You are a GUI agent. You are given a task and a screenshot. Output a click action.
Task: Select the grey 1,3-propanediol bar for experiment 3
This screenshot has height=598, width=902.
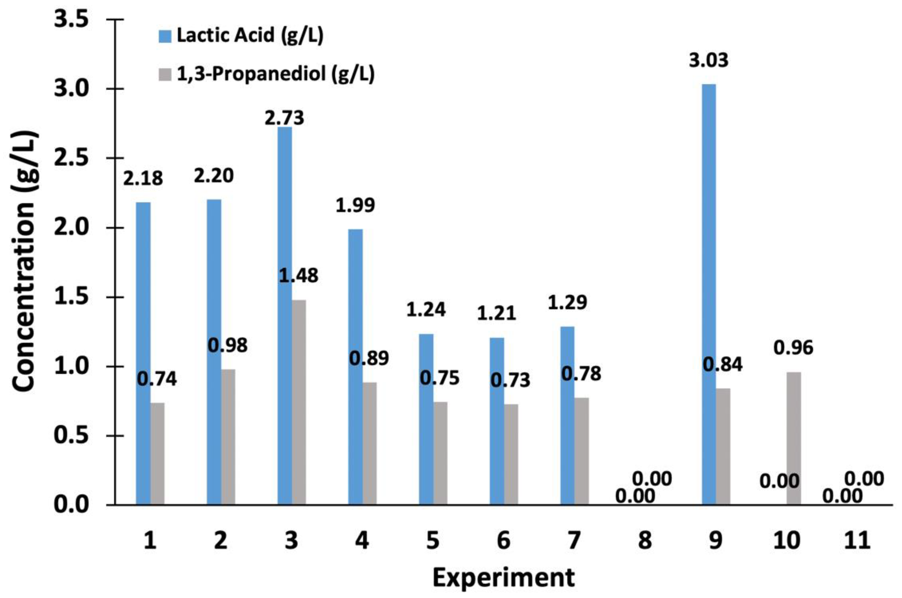299,402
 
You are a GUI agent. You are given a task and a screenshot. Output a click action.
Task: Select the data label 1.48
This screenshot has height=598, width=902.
299,275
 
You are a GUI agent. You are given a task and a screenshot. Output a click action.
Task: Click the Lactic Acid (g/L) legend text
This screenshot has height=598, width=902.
250,35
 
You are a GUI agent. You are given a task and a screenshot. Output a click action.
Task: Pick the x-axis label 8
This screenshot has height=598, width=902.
645,541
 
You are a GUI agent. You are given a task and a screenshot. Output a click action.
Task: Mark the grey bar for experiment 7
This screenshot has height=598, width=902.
582,451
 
